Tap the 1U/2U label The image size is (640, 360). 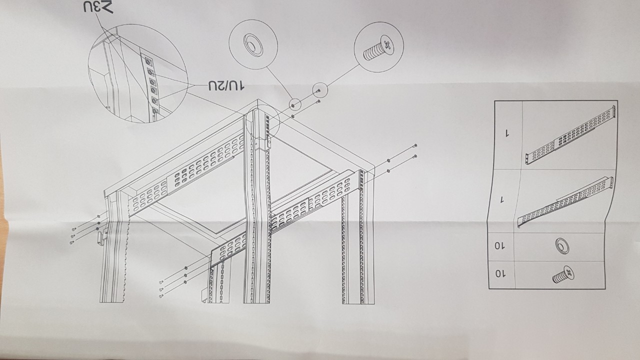click(x=226, y=85)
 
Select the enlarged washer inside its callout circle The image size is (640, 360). click(x=253, y=45)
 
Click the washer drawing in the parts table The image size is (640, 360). click(x=562, y=246)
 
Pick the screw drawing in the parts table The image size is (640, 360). click(x=563, y=274)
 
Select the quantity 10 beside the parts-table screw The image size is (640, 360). click(x=500, y=274)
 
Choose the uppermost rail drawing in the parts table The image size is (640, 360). click(x=570, y=135)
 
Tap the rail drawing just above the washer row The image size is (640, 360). click(x=565, y=201)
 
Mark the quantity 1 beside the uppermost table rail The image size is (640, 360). click(x=507, y=133)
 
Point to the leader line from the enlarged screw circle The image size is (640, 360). click(x=343, y=75)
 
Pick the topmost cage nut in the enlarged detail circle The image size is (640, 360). click(x=148, y=61)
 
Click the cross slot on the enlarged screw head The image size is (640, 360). click(x=387, y=45)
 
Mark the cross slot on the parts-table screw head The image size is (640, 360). click(x=569, y=271)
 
